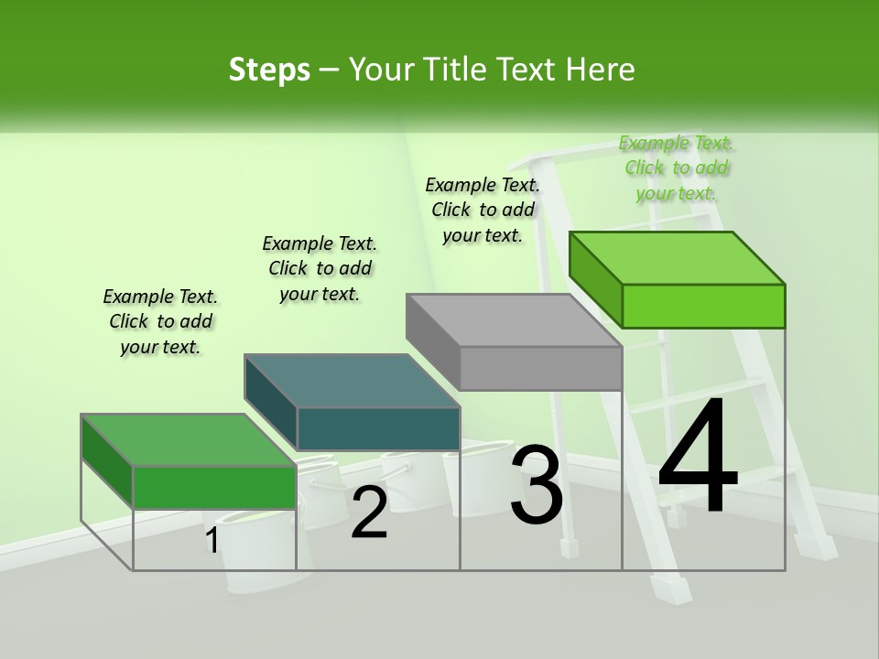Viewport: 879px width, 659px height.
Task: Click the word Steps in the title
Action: [269, 70]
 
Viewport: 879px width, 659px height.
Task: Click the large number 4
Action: [698, 458]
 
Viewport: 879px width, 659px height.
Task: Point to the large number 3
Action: [537, 485]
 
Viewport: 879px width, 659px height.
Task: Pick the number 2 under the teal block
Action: [369, 513]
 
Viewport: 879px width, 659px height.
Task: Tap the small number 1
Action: [212, 541]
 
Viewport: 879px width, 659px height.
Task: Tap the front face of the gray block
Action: [540, 369]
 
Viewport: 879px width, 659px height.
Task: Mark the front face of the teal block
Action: [378, 428]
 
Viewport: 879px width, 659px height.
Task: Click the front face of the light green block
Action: [703, 306]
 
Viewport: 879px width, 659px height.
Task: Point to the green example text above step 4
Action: [676, 168]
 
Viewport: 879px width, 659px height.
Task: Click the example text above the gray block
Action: [483, 210]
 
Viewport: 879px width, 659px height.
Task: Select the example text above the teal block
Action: [320, 268]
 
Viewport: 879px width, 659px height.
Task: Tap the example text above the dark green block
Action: [160, 321]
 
